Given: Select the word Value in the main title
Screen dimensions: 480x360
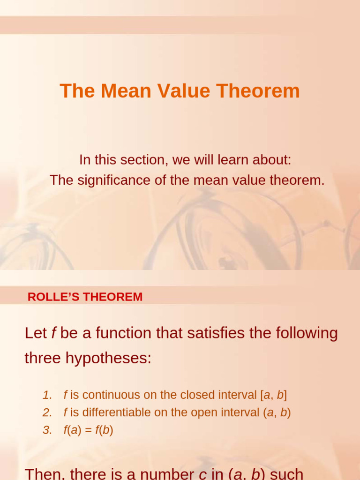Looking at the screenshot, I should [x=185, y=91].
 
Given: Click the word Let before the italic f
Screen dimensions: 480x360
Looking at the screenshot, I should [x=36, y=333].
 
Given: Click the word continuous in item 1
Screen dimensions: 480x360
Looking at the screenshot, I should [x=111, y=395].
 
